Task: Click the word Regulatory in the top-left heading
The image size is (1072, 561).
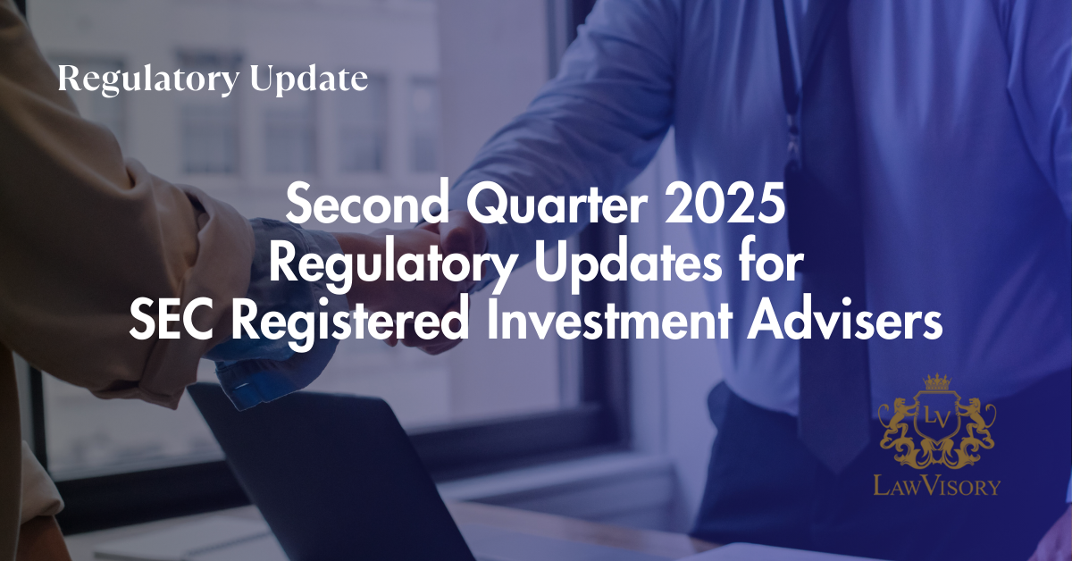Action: [148, 80]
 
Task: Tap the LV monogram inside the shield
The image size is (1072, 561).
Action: [936, 419]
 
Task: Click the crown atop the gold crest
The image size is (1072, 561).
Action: [937, 382]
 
